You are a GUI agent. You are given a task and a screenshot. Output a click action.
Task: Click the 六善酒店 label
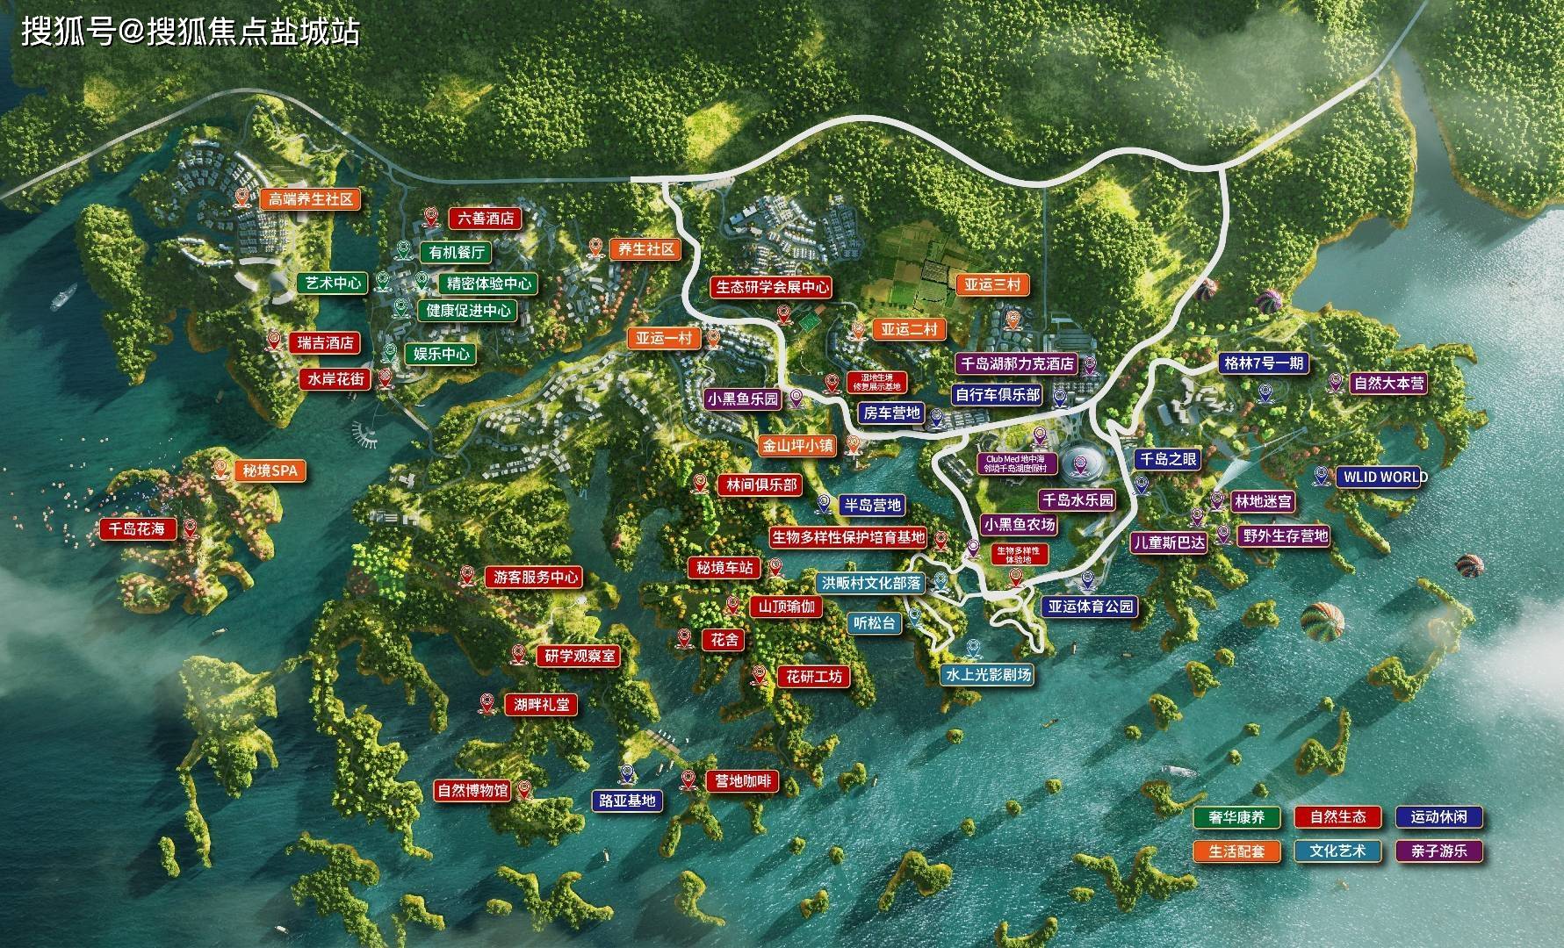[486, 218]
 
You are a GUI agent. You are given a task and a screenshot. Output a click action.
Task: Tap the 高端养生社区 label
[310, 199]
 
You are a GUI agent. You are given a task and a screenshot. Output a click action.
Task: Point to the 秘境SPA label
[270, 471]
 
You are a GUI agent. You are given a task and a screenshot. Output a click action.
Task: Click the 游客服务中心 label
[536, 578]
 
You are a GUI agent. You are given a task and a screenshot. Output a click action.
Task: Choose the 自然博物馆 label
[472, 790]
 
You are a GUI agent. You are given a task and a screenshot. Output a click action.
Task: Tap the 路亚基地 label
[628, 801]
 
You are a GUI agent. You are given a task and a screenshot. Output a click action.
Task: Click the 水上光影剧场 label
[986, 674]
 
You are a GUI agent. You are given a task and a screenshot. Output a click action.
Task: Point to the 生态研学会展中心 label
[772, 287]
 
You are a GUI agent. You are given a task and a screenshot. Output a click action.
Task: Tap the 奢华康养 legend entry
[1236, 817]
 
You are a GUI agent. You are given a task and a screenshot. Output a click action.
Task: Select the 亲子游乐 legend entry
[1438, 851]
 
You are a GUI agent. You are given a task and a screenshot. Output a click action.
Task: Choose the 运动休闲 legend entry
[1438, 817]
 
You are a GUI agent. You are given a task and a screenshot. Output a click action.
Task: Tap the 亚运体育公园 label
[1090, 606]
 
